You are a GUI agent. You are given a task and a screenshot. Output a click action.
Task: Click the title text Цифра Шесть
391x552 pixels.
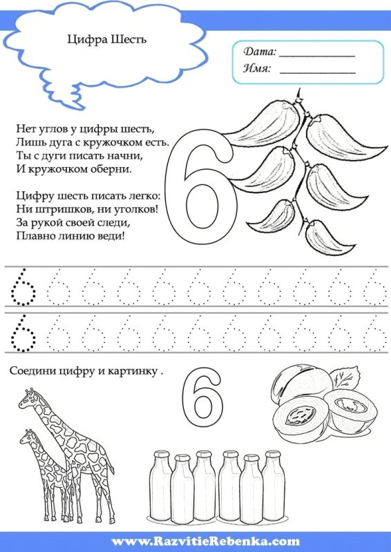[x=107, y=40]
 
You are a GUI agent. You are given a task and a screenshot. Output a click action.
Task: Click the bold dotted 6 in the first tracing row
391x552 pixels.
[x=23, y=287]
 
